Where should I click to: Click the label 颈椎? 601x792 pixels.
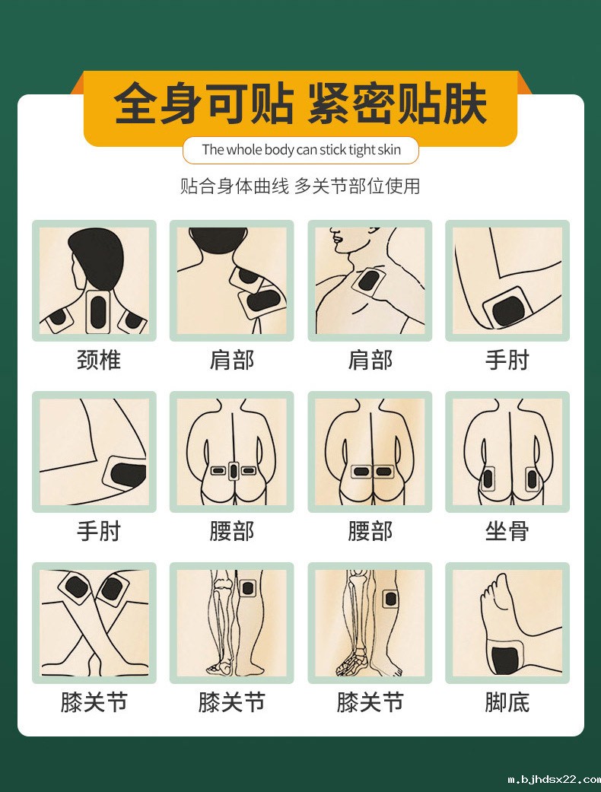99,360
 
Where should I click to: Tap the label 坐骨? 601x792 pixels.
507,531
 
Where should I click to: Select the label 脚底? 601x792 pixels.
507,701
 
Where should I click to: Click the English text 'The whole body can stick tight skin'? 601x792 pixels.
300,150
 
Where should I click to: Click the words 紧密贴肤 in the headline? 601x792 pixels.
397,104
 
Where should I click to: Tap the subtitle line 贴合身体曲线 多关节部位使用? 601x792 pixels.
300,186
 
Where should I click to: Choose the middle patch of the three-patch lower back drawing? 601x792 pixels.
233,471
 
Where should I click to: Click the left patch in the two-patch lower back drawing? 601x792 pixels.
361,472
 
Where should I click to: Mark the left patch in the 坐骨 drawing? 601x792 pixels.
488,479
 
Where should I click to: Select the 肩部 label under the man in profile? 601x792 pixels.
370,360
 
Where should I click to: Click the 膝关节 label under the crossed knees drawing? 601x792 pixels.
94,701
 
